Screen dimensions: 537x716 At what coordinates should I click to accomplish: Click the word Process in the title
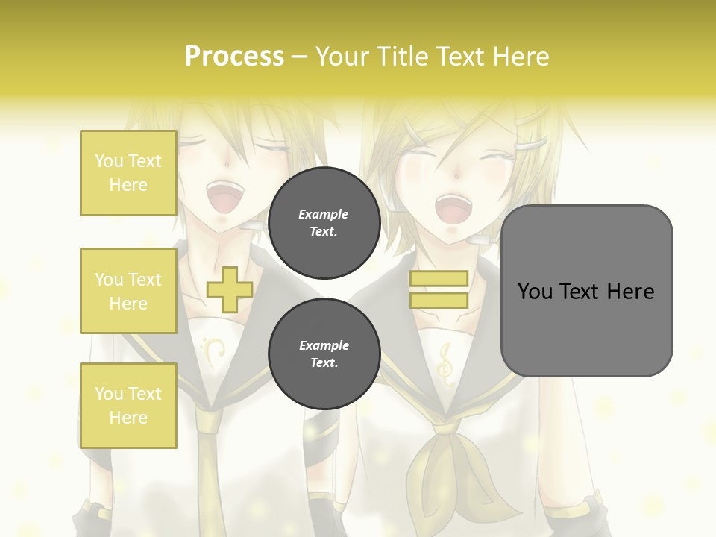pyautogui.click(x=234, y=57)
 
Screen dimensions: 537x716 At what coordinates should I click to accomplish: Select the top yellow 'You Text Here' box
pyautogui.click(x=128, y=173)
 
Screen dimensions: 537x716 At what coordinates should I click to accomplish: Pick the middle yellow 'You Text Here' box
pyautogui.click(x=128, y=291)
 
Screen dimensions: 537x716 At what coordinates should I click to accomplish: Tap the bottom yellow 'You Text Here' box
pyautogui.click(x=128, y=405)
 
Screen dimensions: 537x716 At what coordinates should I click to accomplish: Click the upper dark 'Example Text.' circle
pyautogui.click(x=324, y=222)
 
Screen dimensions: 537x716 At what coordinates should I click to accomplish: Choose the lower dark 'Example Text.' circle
pyautogui.click(x=324, y=354)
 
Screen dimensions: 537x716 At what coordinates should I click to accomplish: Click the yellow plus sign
pyautogui.click(x=230, y=289)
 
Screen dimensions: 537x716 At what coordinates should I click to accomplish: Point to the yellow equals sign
pyautogui.click(x=439, y=289)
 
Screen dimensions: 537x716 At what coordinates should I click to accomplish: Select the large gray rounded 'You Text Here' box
pyautogui.click(x=586, y=291)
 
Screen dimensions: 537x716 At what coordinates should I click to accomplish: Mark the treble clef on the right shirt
pyautogui.click(x=447, y=364)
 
